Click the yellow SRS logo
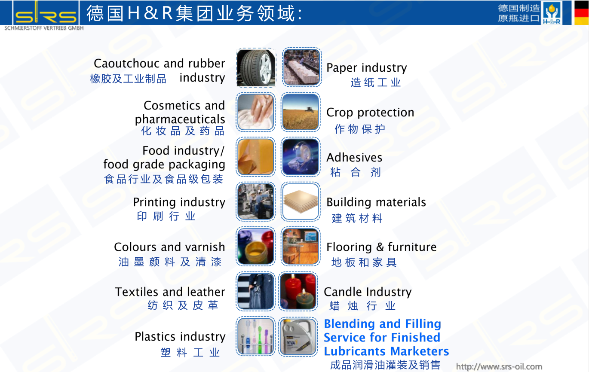(x=46, y=12)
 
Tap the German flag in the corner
(x=581, y=12)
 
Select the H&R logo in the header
(x=552, y=12)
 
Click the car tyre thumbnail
(x=256, y=67)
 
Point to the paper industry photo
(x=302, y=67)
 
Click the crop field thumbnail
(x=301, y=112)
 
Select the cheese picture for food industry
(x=255, y=157)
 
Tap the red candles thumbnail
(x=298, y=291)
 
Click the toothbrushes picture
(x=255, y=336)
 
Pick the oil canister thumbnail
(x=298, y=336)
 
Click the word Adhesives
(x=354, y=157)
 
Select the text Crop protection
(x=370, y=113)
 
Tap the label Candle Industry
(x=368, y=292)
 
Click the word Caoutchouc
(x=127, y=63)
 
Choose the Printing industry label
(x=179, y=202)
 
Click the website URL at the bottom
(x=499, y=366)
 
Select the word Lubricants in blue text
(x=354, y=351)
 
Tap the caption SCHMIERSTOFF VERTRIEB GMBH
(x=44, y=28)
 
